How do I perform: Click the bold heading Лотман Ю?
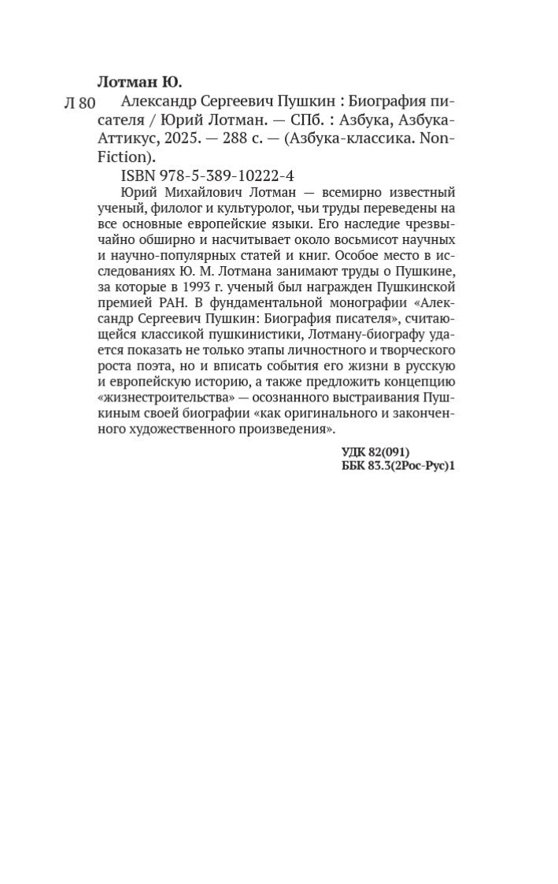pos(139,82)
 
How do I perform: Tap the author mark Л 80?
pos(79,103)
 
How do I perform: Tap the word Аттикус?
pos(126,138)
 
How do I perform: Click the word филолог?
pos(172,208)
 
